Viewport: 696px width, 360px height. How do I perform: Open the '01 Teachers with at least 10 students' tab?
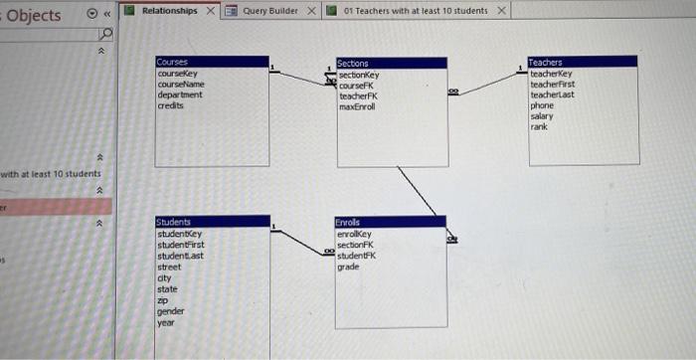pos(416,11)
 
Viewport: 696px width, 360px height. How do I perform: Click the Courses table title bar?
pos(212,62)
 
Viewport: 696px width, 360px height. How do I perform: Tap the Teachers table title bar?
pos(582,62)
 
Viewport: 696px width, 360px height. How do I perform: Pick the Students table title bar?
pos(212,222)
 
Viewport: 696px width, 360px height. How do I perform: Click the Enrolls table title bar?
pos(391,222)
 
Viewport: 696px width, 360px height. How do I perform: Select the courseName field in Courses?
pos(181,85)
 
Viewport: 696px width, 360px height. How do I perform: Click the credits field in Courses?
pos(170,104)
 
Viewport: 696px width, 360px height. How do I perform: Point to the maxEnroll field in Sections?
pos(357,105)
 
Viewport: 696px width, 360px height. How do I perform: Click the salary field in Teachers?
pos(542,116)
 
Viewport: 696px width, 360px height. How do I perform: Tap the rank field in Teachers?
pos(539,127)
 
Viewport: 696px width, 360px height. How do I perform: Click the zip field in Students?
pos(164,300)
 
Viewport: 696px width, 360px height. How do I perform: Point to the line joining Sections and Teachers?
pos(487,85)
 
